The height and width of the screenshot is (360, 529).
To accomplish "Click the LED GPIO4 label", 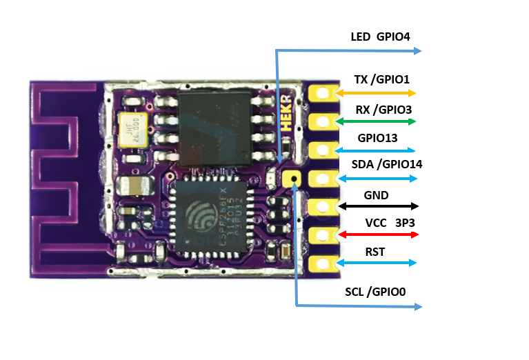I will [x=380, y=37].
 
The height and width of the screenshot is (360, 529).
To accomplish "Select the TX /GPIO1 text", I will [x=381, y=80].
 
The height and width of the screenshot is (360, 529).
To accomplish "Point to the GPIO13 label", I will [x=377, y=138].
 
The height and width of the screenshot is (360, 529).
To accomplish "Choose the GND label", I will [x=376, y=195].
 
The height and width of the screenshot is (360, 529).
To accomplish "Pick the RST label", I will [x=375, y=252].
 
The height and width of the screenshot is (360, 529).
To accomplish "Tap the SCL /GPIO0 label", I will [x=375, y=292].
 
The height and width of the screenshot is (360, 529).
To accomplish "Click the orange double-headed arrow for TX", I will [x=376, y=92].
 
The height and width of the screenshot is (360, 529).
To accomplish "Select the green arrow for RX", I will [x=376, y=121].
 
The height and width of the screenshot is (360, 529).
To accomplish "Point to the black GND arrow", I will [x=379, y=206].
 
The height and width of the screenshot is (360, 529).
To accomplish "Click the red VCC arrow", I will [x=379, y=234].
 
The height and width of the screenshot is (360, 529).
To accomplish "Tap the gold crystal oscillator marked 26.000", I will [x=131, y=130].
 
